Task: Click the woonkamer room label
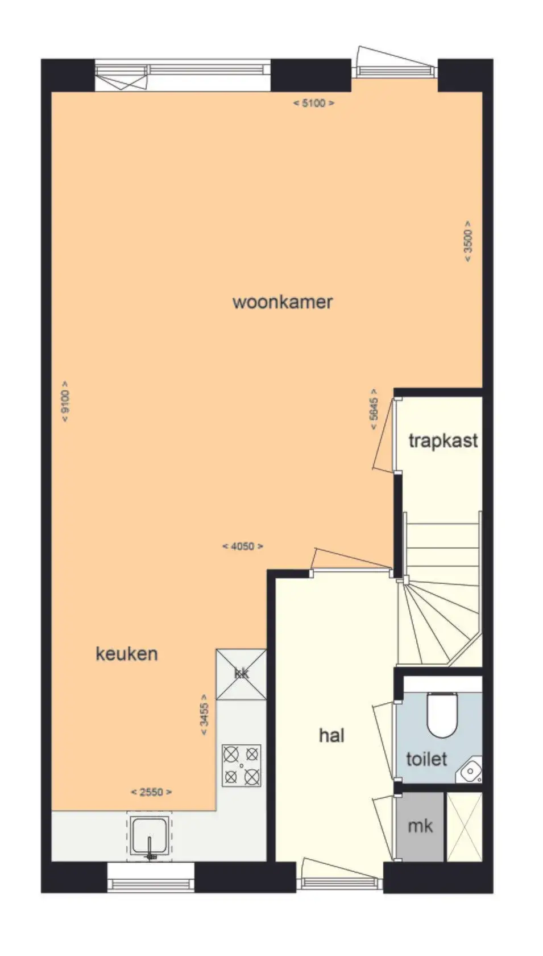coord(283,302)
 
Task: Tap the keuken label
coord(127,653)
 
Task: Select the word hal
coord(332,735)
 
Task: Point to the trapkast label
coord(443,440)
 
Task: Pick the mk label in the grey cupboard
coord(421,826)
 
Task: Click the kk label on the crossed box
coord(242,674)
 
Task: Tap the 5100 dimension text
coord(314,103)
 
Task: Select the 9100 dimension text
coord(65,401)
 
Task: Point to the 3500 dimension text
coord(468,241)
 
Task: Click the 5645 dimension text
coord(374,409)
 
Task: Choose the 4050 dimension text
coord(243,546)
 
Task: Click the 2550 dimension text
coord(151,792)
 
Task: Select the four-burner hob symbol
coord(242,766)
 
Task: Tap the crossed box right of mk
coord(465,827)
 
